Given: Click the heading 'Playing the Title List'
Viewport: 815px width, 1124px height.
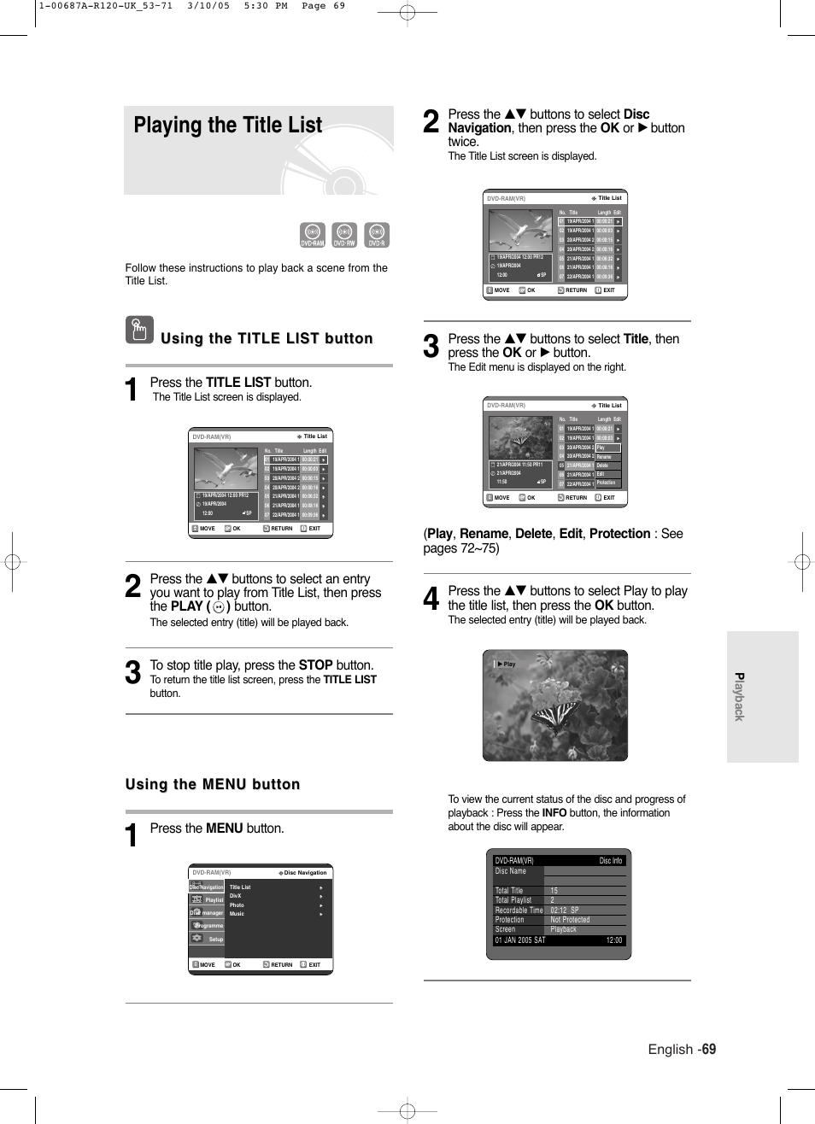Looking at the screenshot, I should point(227,126).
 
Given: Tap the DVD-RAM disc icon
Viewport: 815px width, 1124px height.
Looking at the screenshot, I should point(313,235).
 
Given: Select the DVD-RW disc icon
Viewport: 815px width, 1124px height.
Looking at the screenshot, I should point(344,235).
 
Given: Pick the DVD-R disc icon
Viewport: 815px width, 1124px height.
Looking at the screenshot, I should point(377,235).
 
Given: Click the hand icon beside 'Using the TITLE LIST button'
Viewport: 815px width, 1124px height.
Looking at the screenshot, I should point(139,330).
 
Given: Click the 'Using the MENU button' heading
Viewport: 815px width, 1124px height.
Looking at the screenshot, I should point(213,784).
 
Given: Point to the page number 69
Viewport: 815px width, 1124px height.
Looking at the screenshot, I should point(709,1049).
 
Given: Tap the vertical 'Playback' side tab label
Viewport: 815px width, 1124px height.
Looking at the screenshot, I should point(740,697).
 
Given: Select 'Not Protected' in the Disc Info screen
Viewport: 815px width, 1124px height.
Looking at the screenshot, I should point(570,920).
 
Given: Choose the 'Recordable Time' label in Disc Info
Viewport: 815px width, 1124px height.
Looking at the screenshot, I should point(519,910).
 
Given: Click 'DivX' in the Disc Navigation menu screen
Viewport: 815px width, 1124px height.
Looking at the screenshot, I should point(235,896).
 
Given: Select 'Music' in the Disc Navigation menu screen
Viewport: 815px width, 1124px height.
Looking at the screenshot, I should point(237,914).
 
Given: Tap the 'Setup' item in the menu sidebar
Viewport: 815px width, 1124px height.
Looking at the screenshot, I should point(215,939).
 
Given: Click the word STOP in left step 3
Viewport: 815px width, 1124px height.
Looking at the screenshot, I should point(315,665).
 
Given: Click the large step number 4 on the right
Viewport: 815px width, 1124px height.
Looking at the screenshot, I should point(431,599).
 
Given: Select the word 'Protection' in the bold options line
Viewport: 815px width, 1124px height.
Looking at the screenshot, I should point(619,534).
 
